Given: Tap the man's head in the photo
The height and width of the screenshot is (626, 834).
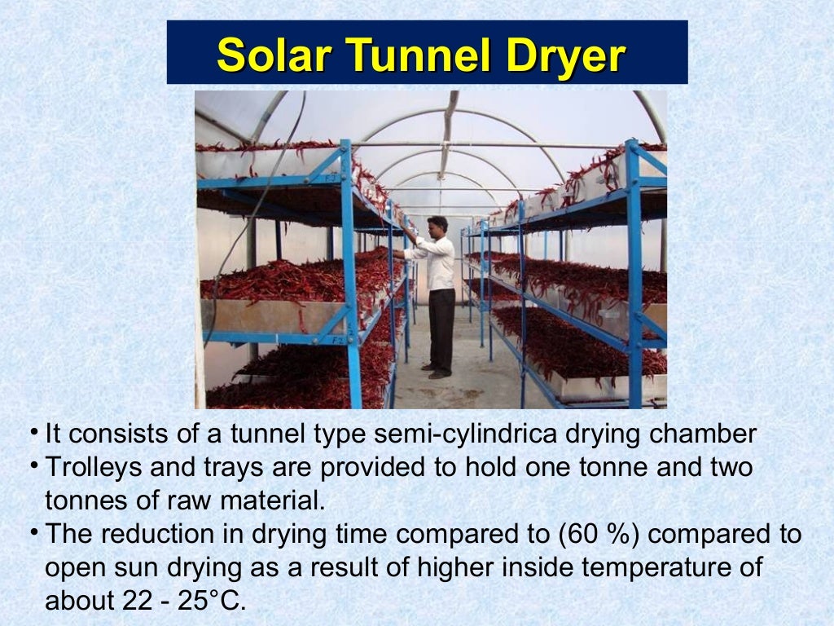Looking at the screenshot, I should coord(437,226).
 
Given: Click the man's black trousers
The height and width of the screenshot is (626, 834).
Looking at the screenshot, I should coord(441,326).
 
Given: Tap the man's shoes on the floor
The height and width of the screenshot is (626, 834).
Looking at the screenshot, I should coord(437,372).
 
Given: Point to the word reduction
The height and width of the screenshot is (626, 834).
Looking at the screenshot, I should coord(152,535).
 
